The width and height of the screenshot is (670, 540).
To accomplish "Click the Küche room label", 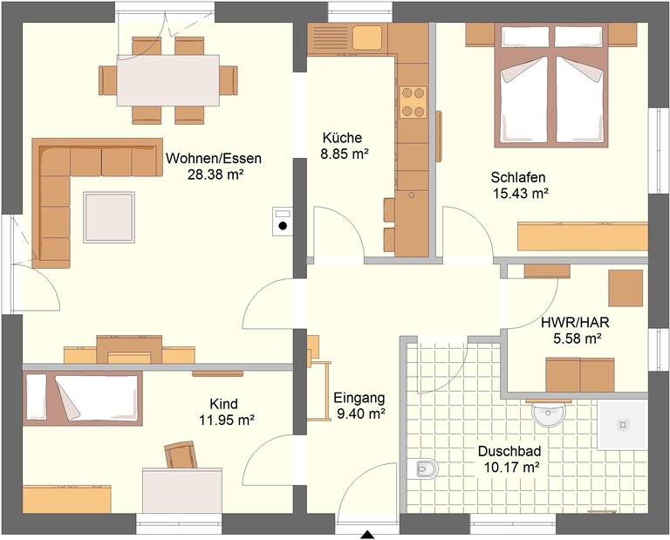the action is point(342,138).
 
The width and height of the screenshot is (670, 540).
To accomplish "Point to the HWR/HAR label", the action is point(575,322).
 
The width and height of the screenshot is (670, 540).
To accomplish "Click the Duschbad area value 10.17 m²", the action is point(511,467).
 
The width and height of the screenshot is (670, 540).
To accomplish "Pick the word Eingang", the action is point(359,398).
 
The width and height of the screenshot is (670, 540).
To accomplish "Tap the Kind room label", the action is point(224,404).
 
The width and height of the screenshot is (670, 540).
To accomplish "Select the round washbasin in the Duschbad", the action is point(549,414).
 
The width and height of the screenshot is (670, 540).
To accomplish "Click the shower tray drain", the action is point(623,425).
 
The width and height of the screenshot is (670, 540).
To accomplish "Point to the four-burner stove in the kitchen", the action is point(414,102).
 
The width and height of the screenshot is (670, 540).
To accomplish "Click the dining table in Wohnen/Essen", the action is point(168,80).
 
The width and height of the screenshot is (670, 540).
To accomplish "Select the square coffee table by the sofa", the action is point(109,217).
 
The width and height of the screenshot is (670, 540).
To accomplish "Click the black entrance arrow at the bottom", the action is point(367,535).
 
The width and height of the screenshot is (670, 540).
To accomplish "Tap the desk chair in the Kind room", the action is point(181,455).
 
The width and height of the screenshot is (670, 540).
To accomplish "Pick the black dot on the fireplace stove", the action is point(283,227).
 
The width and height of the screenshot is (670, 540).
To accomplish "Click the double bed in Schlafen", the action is point(551,85).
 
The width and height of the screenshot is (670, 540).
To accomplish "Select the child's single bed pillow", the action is point(37,396).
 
